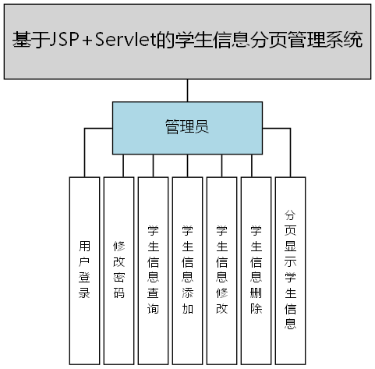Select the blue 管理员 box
point(187,127)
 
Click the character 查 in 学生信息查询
point(154,293)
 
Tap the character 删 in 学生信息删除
point(256,293)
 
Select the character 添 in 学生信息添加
point(188,293)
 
